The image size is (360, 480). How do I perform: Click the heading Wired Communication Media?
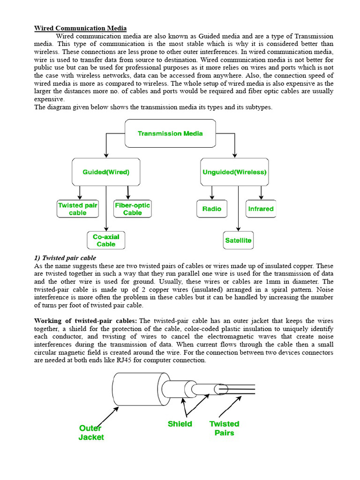coord(80,28)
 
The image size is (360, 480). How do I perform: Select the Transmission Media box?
coord(170,134)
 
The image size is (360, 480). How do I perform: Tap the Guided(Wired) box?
coord(106,172)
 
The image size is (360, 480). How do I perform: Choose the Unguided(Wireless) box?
coord(234,172)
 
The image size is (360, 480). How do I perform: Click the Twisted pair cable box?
coord(78,209)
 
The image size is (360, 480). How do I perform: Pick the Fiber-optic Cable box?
coord(133,209)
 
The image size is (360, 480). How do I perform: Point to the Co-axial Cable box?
coord(106,240)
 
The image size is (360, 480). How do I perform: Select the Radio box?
coord(212,209)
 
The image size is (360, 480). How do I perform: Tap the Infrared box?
coord(261,209)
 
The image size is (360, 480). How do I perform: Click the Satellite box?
coord(238,240)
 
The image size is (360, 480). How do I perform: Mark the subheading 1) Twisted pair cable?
coord(65,258)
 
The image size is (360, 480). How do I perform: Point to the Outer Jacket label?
coord(91,433)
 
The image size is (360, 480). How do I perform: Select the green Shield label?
coord(180,424)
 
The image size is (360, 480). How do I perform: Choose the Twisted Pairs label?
coord(224,428)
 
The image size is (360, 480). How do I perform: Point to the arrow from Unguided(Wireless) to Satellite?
coord(238,209)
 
